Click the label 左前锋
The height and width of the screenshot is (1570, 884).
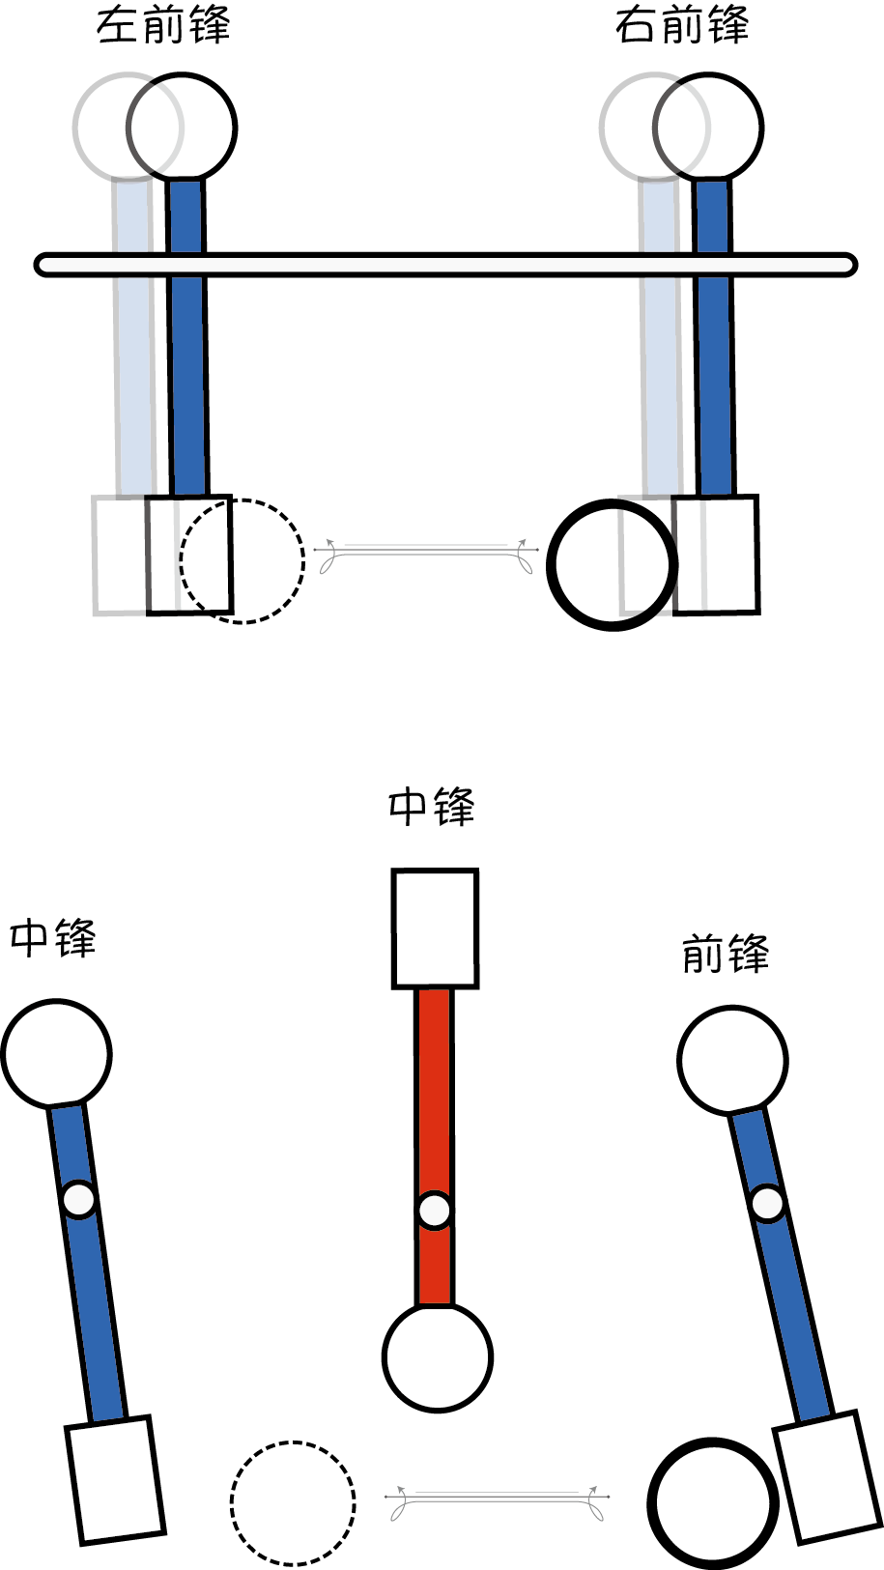click(x=163, y=26)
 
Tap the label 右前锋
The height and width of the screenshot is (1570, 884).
click(x=682, y=26)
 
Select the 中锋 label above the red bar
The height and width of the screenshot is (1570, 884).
click(x=432, y=807)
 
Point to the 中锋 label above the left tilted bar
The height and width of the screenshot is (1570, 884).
click(x=53, y=938)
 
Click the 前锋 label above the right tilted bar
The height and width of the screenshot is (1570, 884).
click(x=726, y=955)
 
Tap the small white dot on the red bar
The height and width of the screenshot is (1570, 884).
click(x=435, y=1210)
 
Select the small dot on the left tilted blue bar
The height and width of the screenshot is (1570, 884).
click(x=79, y=1199)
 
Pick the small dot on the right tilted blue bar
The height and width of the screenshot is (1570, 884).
click(x=768, y=1204)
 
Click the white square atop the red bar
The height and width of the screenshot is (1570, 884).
click(x=435, y=928)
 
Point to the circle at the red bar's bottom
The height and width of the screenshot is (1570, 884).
click(x=438, y=1356)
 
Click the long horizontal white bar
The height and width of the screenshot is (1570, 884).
click(x=445, y=265)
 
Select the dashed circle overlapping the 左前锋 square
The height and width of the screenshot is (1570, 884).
click(x=242, y=561)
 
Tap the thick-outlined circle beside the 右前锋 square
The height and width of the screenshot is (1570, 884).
click(x=611, y=565)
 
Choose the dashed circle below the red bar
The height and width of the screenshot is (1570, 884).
click(x=293, y=1502)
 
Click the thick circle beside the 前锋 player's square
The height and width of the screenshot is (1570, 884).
click(x=713, y=1503)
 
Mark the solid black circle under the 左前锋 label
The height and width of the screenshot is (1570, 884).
click(x=182, y=127)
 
